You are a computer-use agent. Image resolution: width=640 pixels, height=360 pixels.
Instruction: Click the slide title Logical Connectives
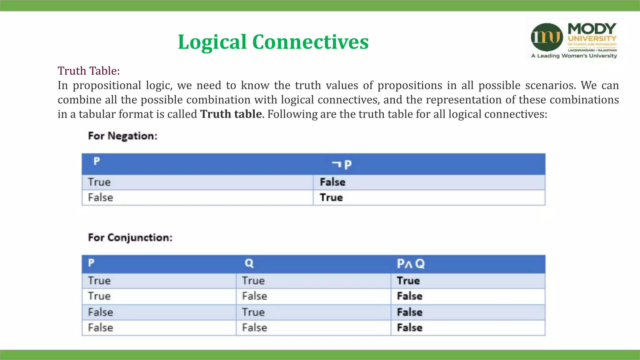[x=273, y=42]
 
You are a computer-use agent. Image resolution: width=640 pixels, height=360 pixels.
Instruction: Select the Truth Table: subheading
[x=89, y=71]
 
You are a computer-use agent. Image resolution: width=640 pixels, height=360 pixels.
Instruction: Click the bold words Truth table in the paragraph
[x=231, y=114]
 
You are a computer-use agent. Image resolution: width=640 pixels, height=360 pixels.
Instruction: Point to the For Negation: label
[x=123, y=136]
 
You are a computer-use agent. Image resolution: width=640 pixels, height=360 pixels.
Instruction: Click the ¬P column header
[x=342, y=164]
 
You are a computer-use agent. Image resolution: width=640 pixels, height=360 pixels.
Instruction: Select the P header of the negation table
[x=97, y=161]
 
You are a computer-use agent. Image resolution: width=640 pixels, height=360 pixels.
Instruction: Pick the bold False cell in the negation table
[x=332, y=182]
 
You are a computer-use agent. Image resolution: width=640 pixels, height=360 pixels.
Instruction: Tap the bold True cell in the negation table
[x=331, y=197]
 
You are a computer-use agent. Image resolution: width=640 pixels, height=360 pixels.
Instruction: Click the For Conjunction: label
[x=130, y=237]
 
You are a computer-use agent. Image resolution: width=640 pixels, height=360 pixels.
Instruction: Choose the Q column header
[x=249, y=263]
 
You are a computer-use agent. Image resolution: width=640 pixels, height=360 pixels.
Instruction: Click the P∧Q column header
[x=411, y=264]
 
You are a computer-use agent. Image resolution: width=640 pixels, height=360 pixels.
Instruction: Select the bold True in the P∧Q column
[x=408, y=281]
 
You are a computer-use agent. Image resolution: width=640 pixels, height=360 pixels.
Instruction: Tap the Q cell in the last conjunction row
[x=254, y=327]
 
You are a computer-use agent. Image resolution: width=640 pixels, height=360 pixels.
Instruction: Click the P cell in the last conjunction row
[x=100, y=327]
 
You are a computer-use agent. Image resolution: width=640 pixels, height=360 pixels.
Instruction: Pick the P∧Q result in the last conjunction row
[x=409, y=327]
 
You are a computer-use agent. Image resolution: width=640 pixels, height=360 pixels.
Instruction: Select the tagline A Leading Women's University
[x=574, y=56]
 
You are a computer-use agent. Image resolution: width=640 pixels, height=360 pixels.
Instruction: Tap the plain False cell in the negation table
[x=100, y=197]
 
